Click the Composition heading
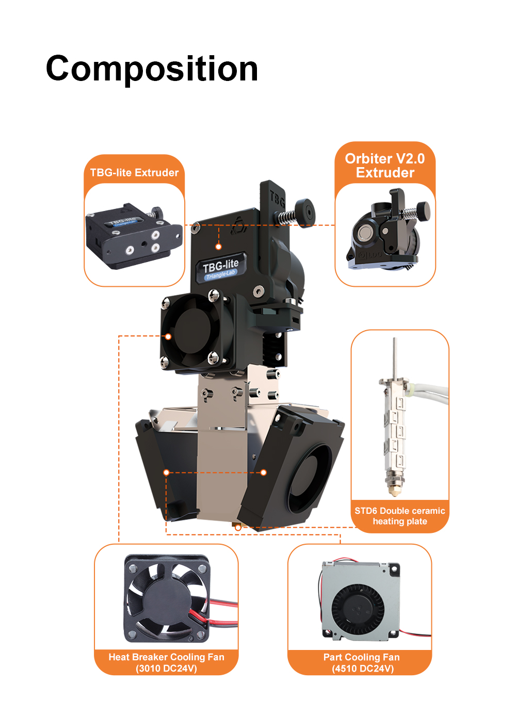[152, 69]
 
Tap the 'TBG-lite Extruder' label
[134, 173]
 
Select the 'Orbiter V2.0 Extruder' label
[385, 166]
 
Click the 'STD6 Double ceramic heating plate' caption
[399, 516]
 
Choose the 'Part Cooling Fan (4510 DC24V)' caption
[362, 663]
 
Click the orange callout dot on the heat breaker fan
[168, 336]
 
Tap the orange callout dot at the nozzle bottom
[238, 528]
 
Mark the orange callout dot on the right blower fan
[264, 473]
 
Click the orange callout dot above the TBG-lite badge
[218, 247]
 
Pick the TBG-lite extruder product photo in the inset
[134, 236]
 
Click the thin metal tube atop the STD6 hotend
[395, 358]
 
